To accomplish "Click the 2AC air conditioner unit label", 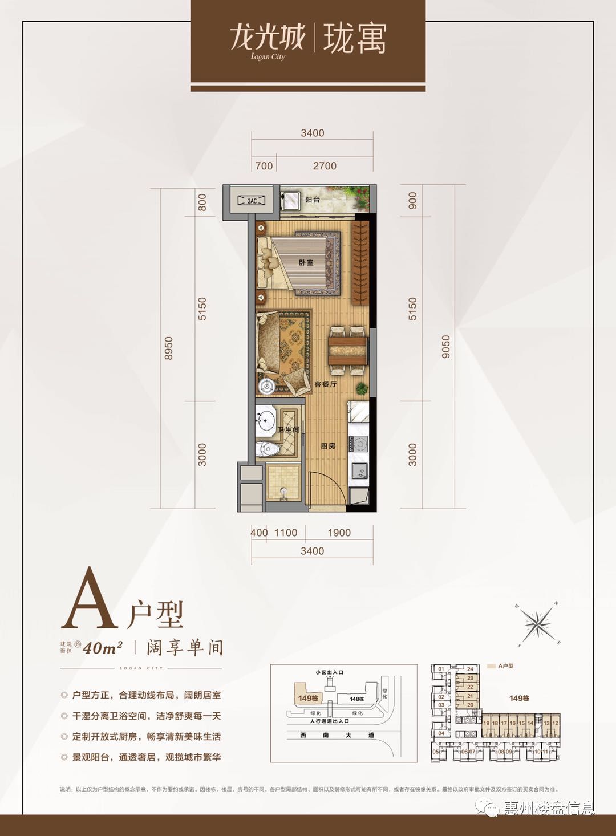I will (252, 201).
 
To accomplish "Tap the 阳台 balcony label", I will (313, 200).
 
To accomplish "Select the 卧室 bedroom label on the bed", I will (306, 262).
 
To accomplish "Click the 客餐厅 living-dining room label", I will (325, 384).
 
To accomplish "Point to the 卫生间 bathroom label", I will (288, 429).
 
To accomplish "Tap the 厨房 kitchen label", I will (328, 446).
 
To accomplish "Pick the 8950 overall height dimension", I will (168, 348).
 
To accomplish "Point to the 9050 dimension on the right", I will (446, 347).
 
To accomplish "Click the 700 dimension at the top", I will (264, 166).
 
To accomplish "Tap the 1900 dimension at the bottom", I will (339, 533).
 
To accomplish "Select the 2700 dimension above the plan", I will (325, 166).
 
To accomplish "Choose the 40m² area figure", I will (103, 648).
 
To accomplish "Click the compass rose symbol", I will (538, 624).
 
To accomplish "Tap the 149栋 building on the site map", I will (308, 698).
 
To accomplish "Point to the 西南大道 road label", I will (337, 735).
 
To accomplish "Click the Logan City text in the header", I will (268, 56).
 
